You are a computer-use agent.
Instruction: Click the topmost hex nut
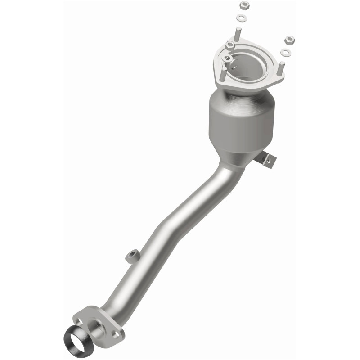pyautogui.click(x=245, y=5)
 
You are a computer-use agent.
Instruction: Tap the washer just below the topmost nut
pyautogui.click(x=241, y=18)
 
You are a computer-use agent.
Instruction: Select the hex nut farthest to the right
pyautogui.click(x=289, y=41)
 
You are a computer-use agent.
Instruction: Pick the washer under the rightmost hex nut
pyautogui.click(x=285, y=53)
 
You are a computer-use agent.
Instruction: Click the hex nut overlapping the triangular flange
pyautogui.click(x=230, y=45)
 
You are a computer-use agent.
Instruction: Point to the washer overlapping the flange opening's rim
pyautogui.click(x=228, y=58)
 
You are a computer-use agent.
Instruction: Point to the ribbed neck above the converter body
pyautogui.click(x=243, y=94)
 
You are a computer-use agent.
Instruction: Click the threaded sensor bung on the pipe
pyautogui.click(x=132, y=256)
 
